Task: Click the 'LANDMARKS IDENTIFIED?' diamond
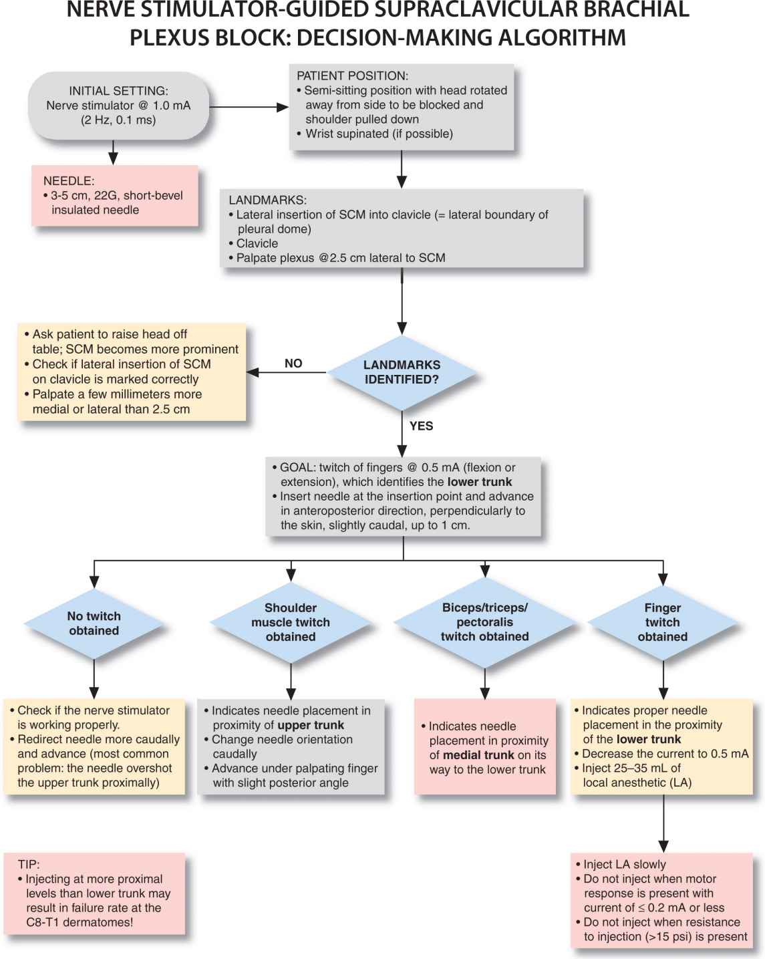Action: tap(402, 372)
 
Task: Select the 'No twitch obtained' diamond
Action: tap(94, 624)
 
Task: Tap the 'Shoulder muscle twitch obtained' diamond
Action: tap(291, 622)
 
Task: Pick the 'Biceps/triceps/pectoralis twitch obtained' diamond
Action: tap(484, 622)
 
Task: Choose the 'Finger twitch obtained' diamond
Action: tap(662, 622)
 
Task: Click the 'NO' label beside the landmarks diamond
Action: tap(293, 364)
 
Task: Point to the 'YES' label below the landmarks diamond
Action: tap(421, 426)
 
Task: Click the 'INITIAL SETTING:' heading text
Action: tap(118, 91)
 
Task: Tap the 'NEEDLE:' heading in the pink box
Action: tap(69, 180)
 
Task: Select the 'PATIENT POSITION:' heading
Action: tap(352, 76)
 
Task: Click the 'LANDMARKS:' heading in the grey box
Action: tap(267, 200)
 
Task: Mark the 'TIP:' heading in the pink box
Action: tap(29, 864)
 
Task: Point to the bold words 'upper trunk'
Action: tap(311, 725)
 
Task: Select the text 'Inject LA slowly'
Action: tap(625, 864)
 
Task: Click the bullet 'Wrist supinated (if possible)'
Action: tap(379, 134)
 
